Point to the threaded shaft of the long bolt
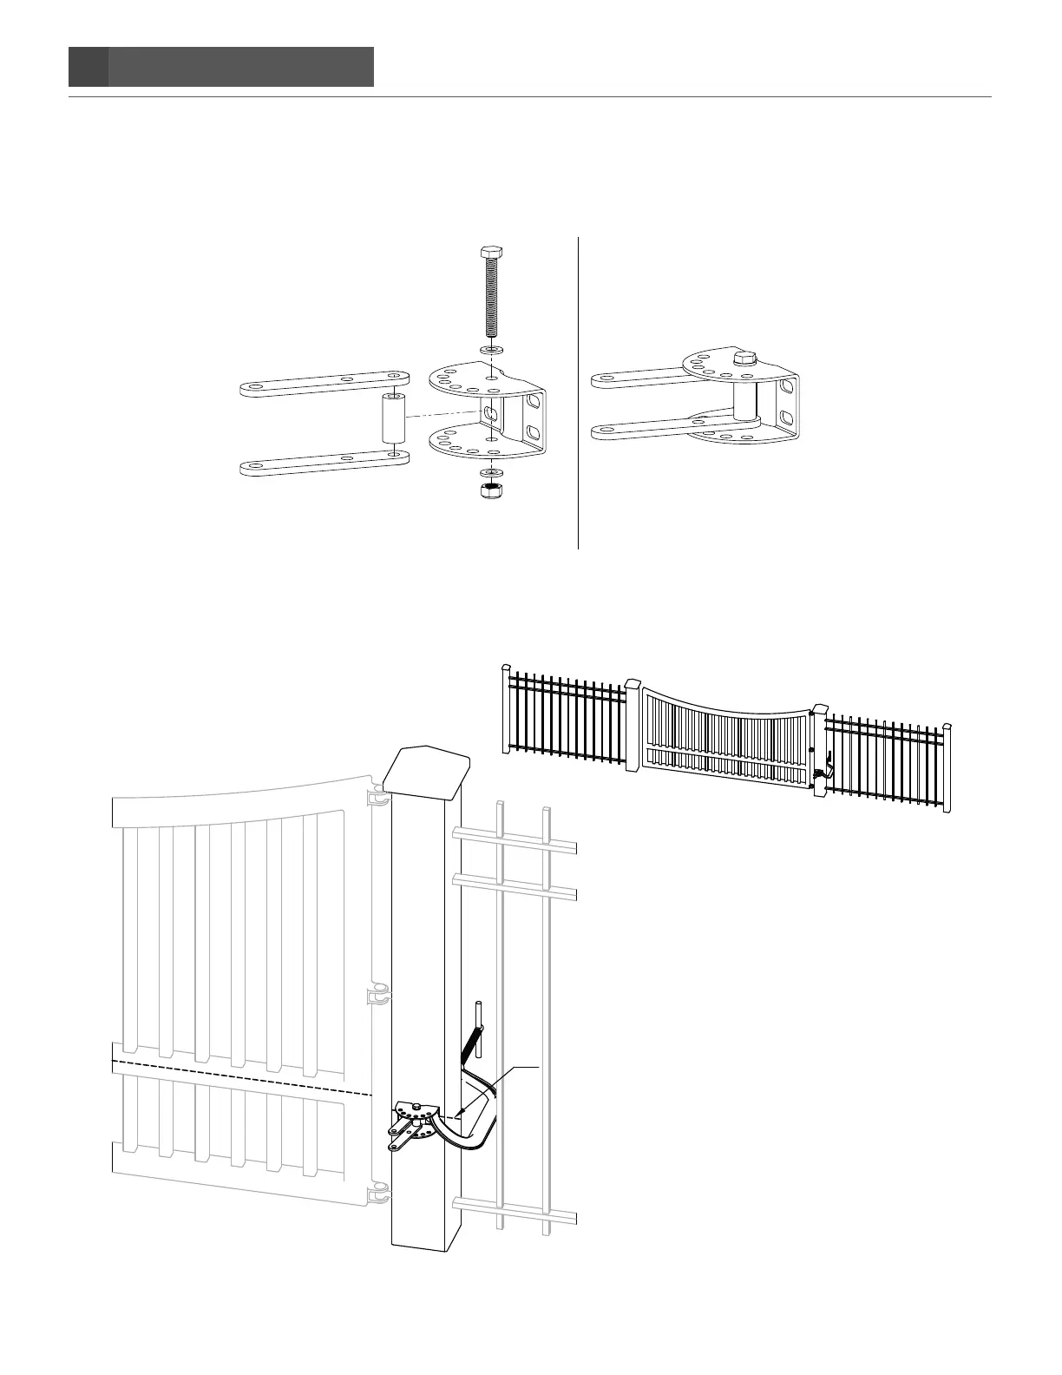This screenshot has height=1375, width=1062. point(490,300)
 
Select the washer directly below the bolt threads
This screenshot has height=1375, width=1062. point(490,349)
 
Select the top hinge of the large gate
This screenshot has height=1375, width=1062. point(378,799)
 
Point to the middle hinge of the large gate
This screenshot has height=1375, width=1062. point(379,994)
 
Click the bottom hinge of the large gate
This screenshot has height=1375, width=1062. point(379,1196)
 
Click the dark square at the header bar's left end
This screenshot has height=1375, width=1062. point(88,67)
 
